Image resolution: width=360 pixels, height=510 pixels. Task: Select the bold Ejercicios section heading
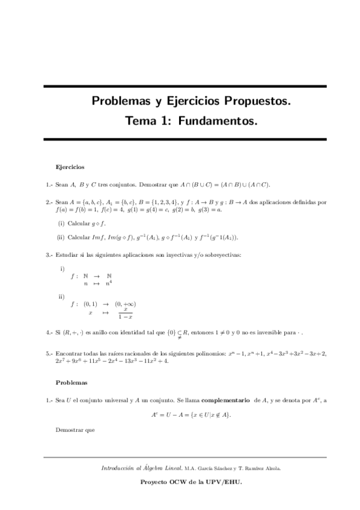pos(70,167)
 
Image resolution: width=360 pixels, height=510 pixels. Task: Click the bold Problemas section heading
pos(71,382)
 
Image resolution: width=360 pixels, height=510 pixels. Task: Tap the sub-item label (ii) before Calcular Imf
pos(61,236)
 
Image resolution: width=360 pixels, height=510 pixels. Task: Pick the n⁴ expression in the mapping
pos(109,282)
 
